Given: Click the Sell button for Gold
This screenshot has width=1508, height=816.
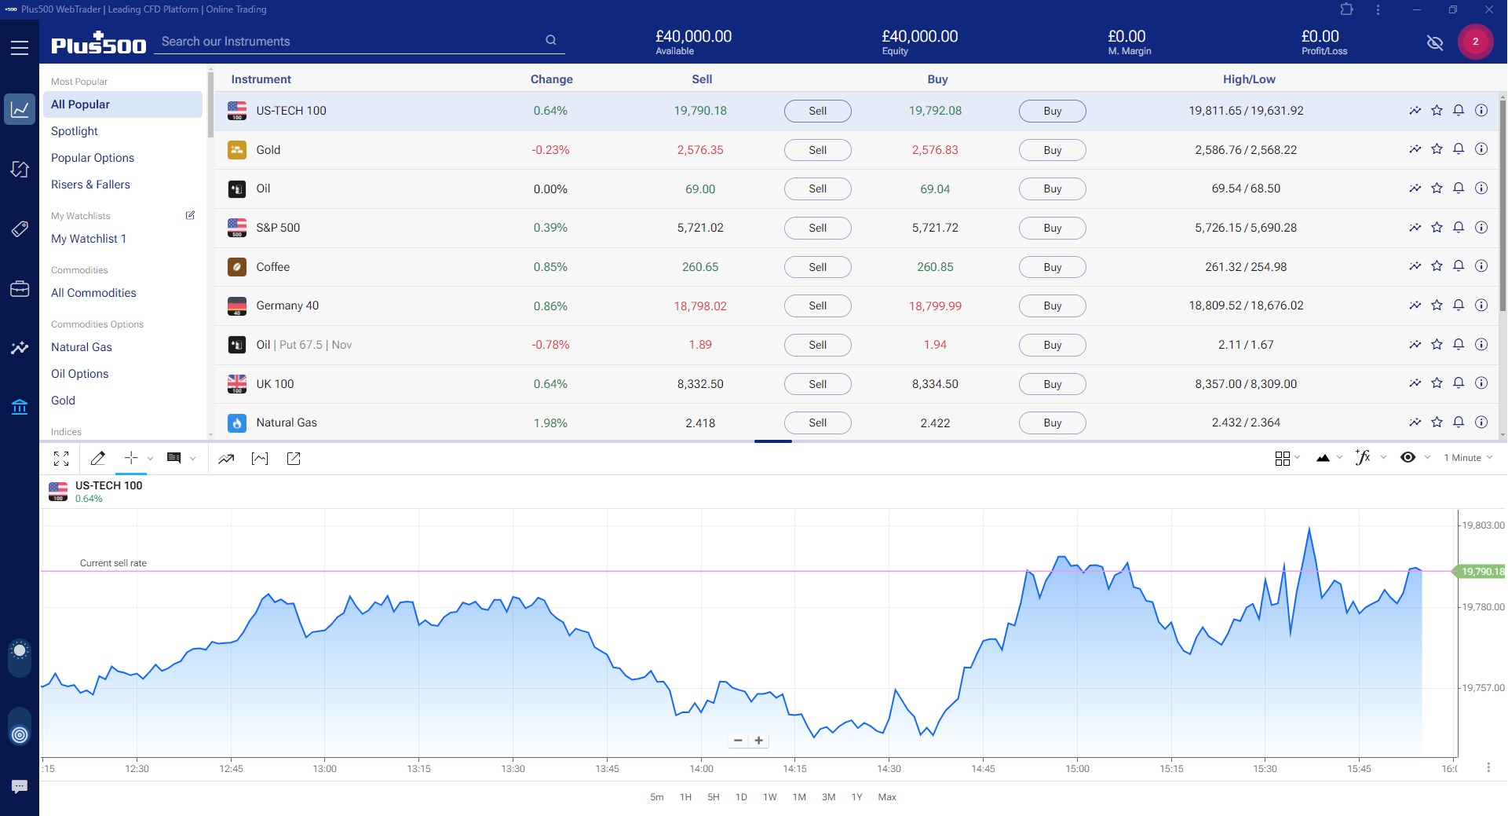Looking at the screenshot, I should (x=817, y=150).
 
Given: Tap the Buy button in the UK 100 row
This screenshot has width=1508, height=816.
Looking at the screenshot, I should (x=1052, y=384).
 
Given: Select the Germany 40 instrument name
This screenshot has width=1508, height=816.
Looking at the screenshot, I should (x=287, y=306).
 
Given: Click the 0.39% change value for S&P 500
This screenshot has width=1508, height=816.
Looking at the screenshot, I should (x=550, y=228).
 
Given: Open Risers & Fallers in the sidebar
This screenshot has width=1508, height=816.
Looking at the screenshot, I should (x=90, y=185).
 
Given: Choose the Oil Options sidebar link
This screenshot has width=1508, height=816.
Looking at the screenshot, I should (x=79, y=374).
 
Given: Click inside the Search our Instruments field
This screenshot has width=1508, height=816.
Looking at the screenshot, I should (x=349, y=42).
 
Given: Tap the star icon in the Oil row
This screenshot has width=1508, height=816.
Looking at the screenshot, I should (x=1437, y=188).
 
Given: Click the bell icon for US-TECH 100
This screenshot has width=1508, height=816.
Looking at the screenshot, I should (x=1459, y=111).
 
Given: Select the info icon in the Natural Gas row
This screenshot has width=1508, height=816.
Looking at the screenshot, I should (x=1481, y=423).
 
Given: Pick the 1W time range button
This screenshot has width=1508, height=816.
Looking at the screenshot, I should (x=769, y=797).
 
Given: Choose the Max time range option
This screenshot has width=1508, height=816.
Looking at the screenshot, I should (x=887, y=797).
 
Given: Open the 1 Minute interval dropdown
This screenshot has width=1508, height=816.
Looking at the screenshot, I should (x=1467, y=458).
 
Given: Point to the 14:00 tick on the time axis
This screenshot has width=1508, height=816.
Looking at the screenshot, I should (x=701, y=769).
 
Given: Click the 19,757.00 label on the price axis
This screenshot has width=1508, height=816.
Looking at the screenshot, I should (x=1483, y=688).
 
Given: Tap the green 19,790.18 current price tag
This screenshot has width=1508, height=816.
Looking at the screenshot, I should (x=1481, y=572).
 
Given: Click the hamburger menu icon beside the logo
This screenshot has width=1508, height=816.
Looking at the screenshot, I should (x=20, y=48).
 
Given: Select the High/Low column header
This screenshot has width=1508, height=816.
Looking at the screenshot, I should (x=1248, y=79).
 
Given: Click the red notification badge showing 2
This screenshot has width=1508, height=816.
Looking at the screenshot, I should (x=1475, y=42).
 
